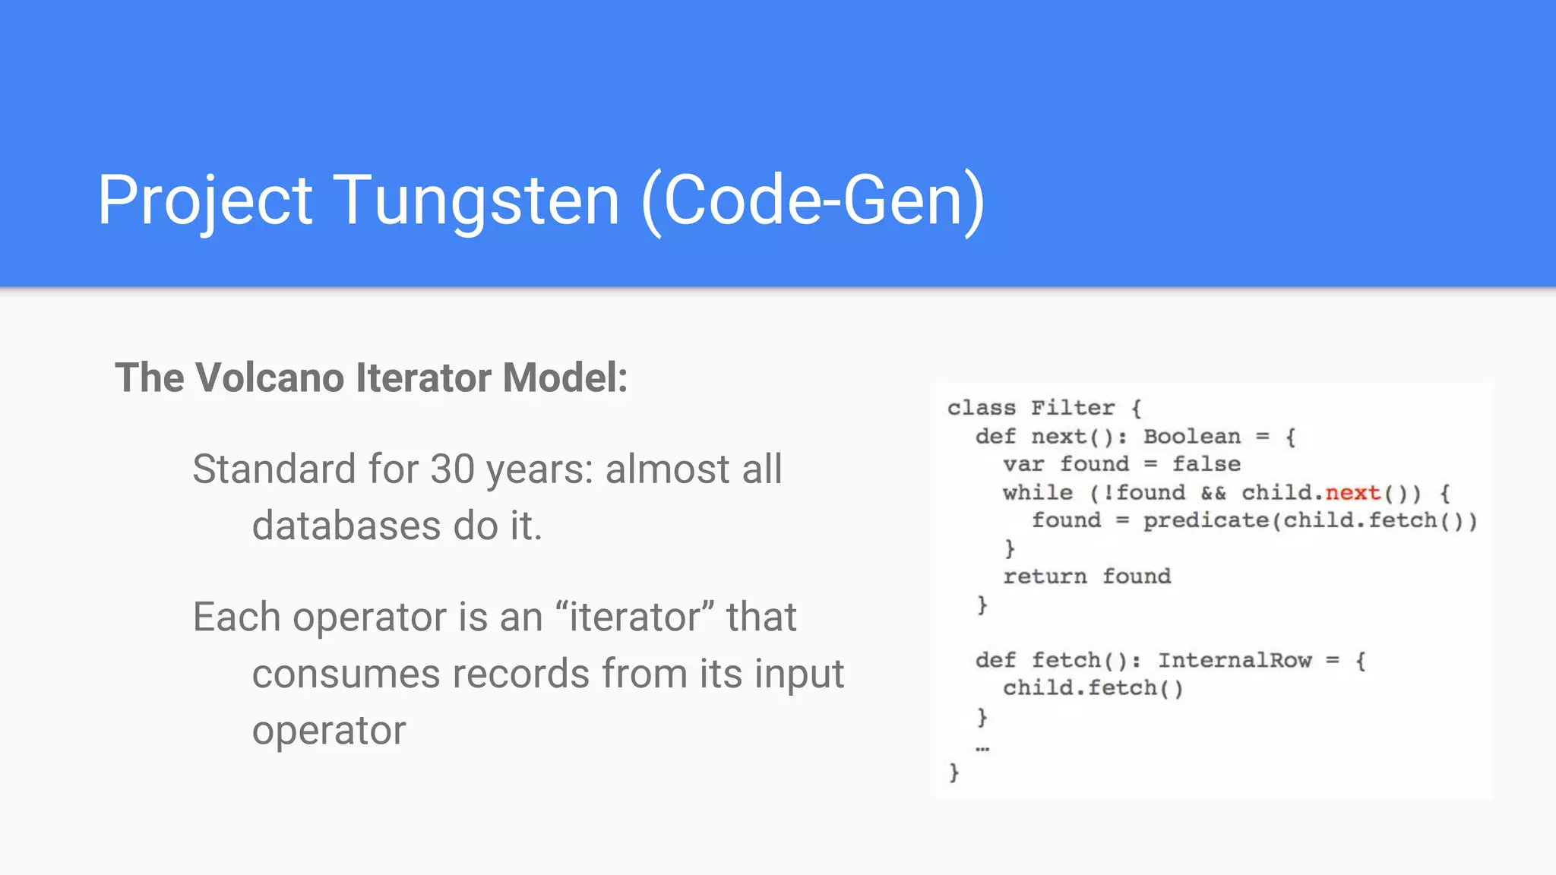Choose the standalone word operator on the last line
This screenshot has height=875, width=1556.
329,731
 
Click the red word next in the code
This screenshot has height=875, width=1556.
1352,493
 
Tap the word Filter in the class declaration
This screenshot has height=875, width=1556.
1073,408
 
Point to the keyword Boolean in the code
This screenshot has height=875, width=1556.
1191,437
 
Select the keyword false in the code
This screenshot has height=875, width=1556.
1206,464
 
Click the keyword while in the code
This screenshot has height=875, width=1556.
1037,493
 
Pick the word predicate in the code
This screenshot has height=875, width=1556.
1206,520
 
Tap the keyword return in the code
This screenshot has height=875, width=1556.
1045,576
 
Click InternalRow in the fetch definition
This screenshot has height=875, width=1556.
1235,660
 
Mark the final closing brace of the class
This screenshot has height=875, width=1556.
954,772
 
